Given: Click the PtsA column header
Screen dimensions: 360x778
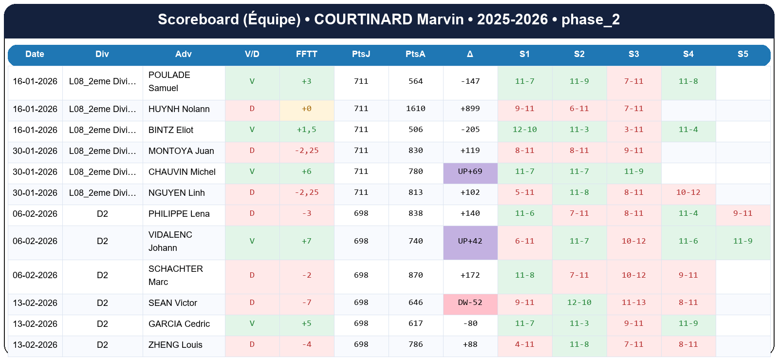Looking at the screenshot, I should pos(415,54).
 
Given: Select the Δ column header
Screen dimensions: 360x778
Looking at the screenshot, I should pos(470,54).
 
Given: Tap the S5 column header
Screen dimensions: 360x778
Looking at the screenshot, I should pos(742,54).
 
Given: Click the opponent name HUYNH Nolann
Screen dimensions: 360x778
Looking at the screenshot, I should pos(179,109).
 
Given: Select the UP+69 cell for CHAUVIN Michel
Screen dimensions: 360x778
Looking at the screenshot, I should pos(470,171).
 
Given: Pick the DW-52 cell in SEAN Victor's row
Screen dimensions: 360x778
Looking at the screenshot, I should pos(470,303).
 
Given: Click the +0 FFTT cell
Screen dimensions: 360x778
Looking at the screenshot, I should pos(306,109).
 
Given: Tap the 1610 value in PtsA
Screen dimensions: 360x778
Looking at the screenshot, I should pos(415,109).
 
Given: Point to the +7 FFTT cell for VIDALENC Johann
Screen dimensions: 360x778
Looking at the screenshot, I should pos(306,241).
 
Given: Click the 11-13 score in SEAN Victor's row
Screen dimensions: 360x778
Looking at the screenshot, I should pos(633,303).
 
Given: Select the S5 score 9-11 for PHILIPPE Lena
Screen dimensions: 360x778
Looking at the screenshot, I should pos(742,213).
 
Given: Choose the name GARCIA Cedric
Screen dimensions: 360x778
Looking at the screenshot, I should pos(179,324).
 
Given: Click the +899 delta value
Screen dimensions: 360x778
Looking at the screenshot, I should pos(470,109).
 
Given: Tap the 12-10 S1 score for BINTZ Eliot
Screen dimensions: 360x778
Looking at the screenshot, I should pos(524,130).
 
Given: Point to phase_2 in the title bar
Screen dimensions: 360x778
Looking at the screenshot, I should pos(590,19).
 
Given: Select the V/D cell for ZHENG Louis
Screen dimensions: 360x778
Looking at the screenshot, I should pos(252,344).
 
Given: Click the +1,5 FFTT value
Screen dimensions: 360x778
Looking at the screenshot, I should pos(306,130).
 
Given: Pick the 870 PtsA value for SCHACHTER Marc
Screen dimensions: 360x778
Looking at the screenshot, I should pos(415,275).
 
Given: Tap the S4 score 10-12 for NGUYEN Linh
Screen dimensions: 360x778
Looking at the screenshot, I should pos(688,192).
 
